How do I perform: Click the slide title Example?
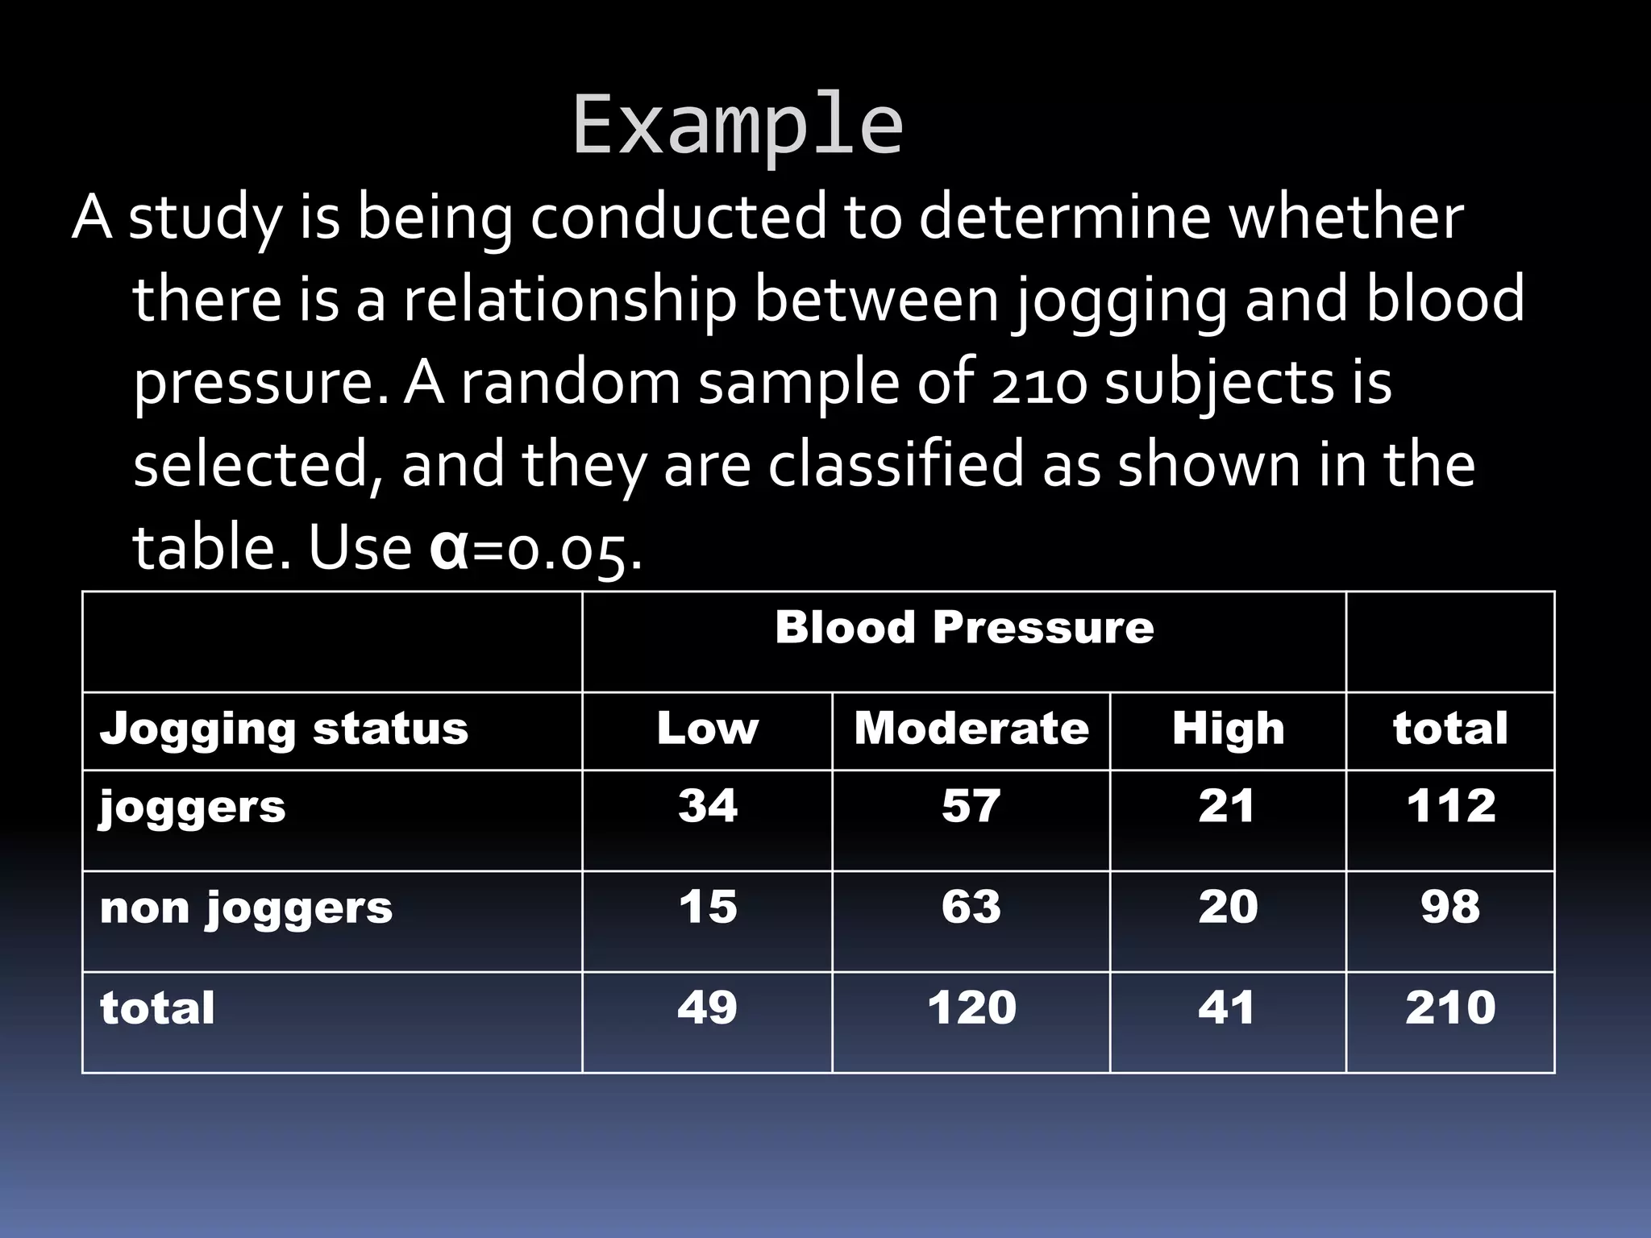tap(738, 125)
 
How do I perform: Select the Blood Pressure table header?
tap(964, 627)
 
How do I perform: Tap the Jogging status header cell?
tap(284, 729)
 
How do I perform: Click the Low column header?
tap(707, 729)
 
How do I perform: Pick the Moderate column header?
tap(971, 729)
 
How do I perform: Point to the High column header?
tap(1228, 729)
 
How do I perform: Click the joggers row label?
tap(193, 807)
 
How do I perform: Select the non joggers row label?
tap(246, 908)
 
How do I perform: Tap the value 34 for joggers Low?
tap(707, 805)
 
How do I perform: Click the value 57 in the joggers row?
tap(971, 805)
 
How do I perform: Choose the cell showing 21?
tap(1226, 805)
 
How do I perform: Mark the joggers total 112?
tap(1451, 805)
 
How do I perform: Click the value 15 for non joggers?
tap(707, 907)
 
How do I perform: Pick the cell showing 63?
tap(971, 907)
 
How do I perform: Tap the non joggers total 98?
tap(1450, 907)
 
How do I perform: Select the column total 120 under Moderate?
tap(971, 1007)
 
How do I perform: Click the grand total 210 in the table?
tap(1450, 1007)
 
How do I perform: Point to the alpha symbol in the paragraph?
tap(449, 548)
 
